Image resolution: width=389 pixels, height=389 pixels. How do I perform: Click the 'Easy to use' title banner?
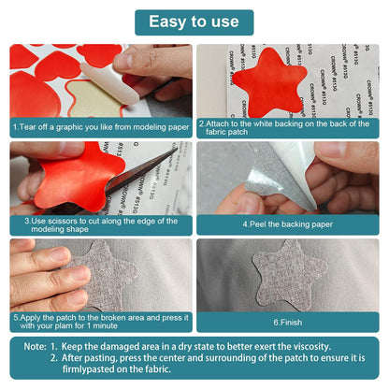194,22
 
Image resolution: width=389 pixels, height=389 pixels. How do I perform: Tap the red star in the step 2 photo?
269,83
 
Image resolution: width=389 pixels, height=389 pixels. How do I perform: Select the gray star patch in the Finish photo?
289,274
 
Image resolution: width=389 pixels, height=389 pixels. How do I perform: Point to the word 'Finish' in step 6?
291,323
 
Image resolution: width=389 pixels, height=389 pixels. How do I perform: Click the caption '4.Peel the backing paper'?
288,224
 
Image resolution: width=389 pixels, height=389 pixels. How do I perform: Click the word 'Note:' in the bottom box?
36,347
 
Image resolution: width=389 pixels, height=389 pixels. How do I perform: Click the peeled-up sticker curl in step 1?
109,83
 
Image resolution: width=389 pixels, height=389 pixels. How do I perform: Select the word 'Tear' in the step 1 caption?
27,127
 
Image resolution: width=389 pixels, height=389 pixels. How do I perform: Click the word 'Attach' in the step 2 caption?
217,123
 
